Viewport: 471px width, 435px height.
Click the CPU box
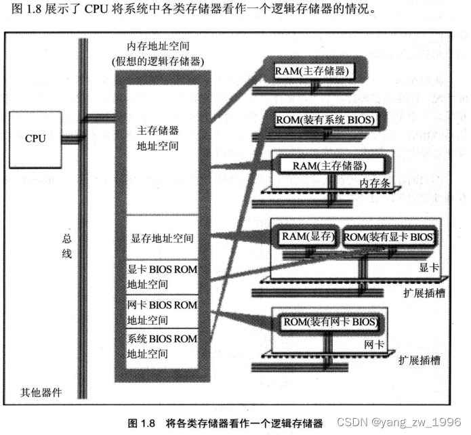click(35, 138)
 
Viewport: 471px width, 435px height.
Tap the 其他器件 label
click(41, 392)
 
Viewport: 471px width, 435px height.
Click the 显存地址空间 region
click(162, 239)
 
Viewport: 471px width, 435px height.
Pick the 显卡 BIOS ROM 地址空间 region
click(162, 276)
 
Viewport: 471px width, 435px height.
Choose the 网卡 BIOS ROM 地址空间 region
click(162, 312)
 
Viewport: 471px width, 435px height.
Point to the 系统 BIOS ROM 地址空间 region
click(162, 346)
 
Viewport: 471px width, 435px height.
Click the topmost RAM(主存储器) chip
click(311, 71)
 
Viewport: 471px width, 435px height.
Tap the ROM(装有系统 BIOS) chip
click(325, 121)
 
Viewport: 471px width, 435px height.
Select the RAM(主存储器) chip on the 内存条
click(329, 165)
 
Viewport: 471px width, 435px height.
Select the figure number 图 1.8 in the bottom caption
click(148, 423)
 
